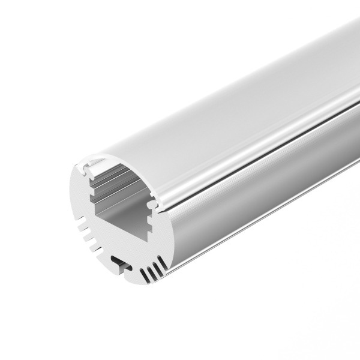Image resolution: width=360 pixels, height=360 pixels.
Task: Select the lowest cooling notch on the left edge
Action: [x=91, y=247]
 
